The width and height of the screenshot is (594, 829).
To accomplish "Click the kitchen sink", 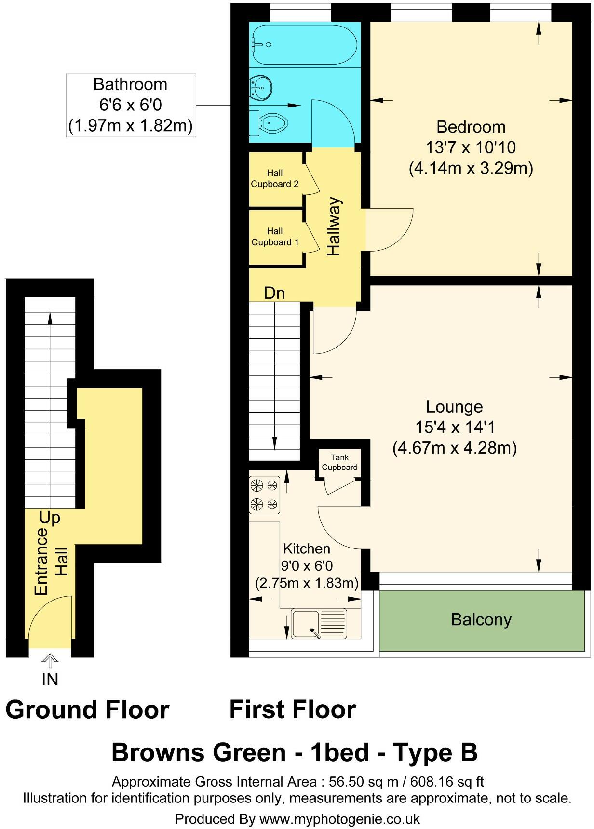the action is tap(319, 624).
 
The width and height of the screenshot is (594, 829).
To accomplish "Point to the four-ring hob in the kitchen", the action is tap(265, 495).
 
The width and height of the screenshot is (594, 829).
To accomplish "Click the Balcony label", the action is tap(481, 620).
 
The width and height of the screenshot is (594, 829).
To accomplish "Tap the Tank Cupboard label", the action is tap(340, 462).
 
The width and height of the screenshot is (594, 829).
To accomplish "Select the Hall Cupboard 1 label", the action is tap(275, 237).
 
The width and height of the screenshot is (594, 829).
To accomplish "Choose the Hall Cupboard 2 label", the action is tap(275, 178).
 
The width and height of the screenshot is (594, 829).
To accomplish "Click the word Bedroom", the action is tap(471, 127).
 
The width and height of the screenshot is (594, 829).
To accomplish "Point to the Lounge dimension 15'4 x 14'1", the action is tap(455, 428).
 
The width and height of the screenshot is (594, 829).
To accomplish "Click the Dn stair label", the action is tap(274, 293).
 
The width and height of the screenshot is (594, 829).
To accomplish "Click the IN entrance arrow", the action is tap(50, 660).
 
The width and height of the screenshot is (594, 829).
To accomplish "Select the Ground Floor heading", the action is tap(87, 710).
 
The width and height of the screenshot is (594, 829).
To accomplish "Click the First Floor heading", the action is tap(293, 710).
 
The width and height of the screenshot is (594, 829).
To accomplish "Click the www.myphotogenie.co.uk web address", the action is tap(339, 819).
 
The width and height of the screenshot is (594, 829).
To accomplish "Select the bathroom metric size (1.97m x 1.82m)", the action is tap(131, 126).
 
